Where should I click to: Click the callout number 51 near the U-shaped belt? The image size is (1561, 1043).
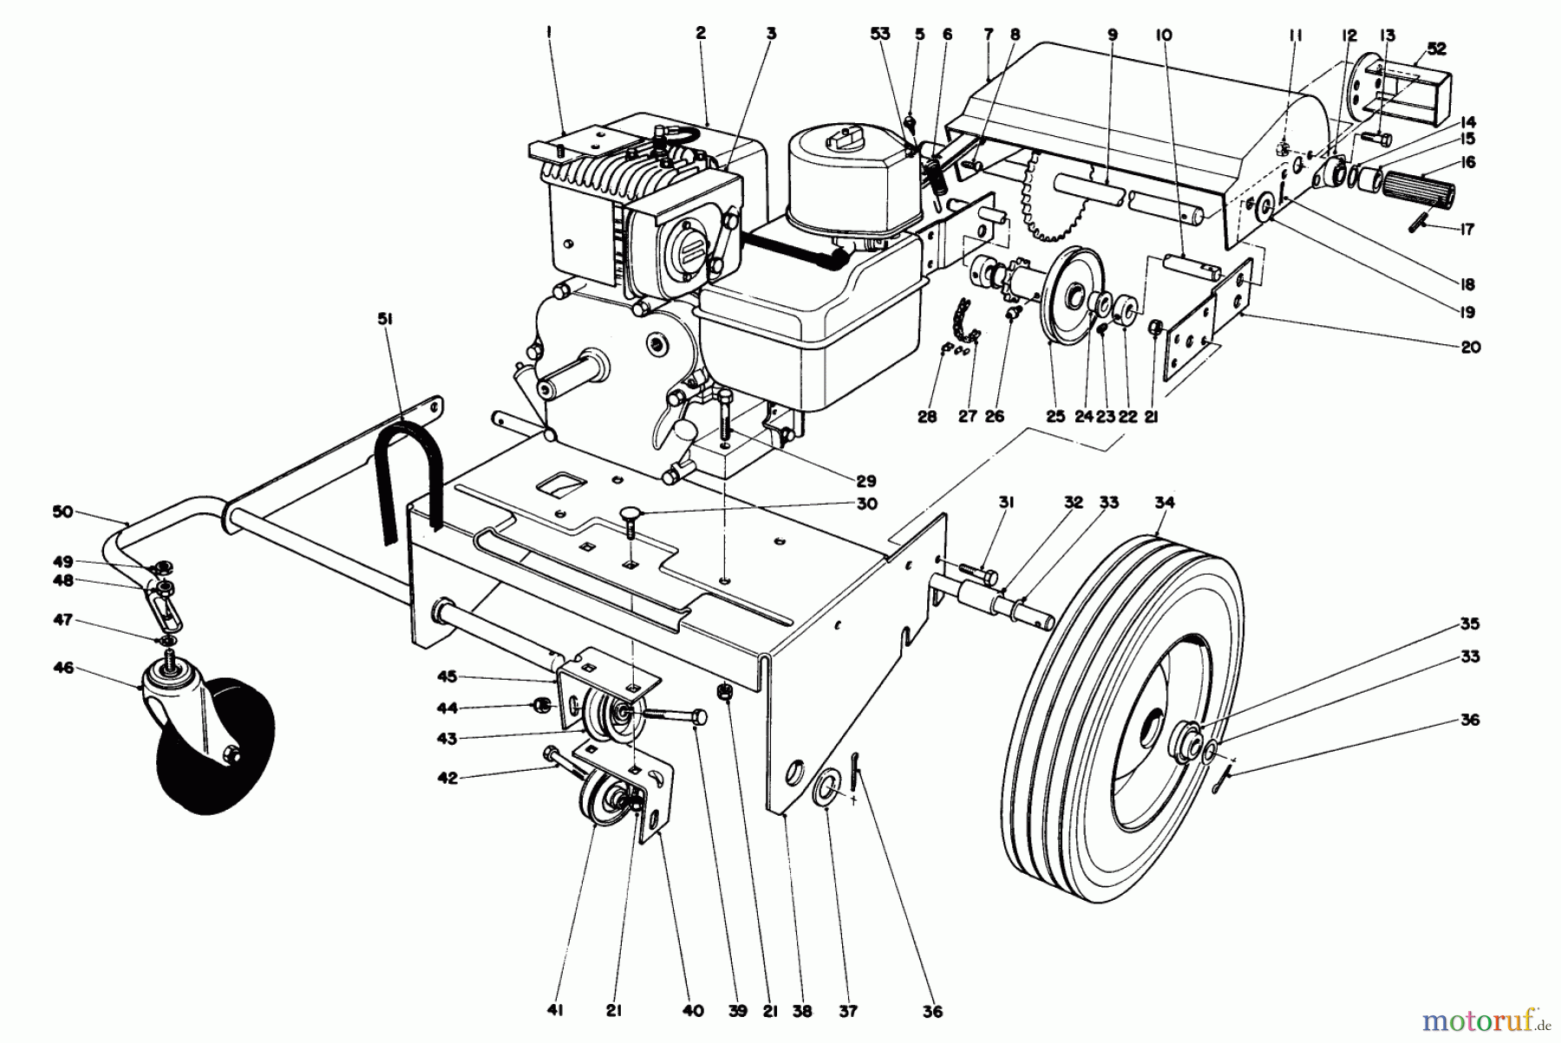click(385, 319)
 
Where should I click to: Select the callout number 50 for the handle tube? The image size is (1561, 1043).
click(62, 512)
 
